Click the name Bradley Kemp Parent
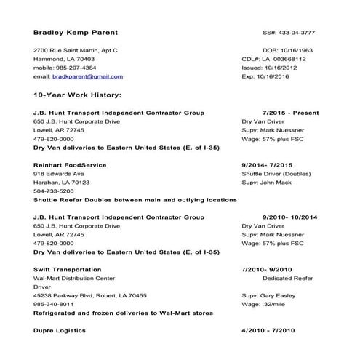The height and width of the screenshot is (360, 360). tap(76, 33)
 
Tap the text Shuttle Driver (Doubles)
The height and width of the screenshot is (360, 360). tap(281, 174)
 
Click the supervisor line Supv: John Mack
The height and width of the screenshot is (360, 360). tap(267, 183)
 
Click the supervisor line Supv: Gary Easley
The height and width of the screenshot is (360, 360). tap(270, 295)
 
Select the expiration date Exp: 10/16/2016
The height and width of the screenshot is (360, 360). tap(290, 76)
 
